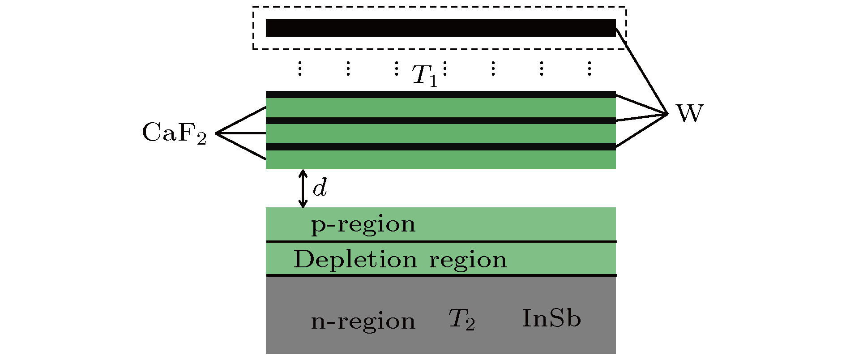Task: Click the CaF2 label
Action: pyautogui.click(x=174, y=133)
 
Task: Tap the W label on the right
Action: pyautogui.click(x=690, y=114)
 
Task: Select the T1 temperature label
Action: pyautogui.click(x=423, y=75)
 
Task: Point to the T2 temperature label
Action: pyautogui.click(x=461, y=320)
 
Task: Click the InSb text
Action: pyautogui.click(x=551, y=319)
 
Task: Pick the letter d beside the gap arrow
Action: pyautogui.click(x=320, y=189)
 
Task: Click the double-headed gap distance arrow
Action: pyautogui.click(x=303, y=189)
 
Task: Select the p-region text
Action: pyautogui.click(x=363, y=224)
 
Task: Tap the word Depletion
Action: pyautogui.click(x=355, y=259)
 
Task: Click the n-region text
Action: pyautogui.click(x=363, y=321)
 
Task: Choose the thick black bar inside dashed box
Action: pyautogui.click(x=440, y=28)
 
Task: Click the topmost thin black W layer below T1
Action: pyautogui.click(x=440, y=94)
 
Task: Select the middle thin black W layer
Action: pyautogui.click(x=440, y=120)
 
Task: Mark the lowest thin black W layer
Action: pyautogui.click(x=440, y=146)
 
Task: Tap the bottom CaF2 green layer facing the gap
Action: pyautogui.click(x=440, y=159)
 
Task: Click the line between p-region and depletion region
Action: pyautogui.click(x=440, y=242)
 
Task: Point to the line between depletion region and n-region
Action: pyautogui.click(x=440, y=275)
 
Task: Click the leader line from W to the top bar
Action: pyautogui.click(x=642, y=71)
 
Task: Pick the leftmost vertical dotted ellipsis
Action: pyautogui.click(x=299, y=68)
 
